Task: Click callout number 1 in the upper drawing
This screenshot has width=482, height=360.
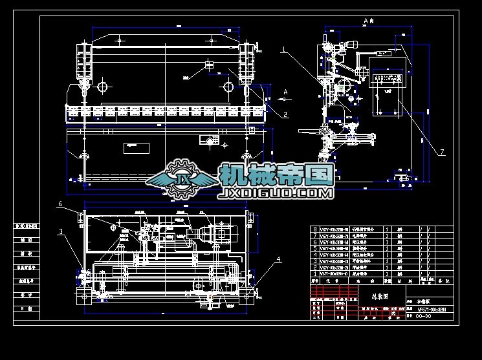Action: (283, 49)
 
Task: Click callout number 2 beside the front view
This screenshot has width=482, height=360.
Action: (285, 114)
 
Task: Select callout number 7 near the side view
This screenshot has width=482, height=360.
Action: (442, 153)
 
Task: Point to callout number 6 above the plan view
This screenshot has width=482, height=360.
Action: (60, 204)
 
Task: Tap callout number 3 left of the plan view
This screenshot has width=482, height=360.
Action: (61, 231)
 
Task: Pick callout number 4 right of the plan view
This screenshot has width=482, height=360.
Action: (279, 260)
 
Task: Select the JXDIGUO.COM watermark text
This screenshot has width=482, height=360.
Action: (277, 192)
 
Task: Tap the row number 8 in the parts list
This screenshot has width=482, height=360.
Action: (315, 229)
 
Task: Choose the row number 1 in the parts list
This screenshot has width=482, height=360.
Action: (315, 275)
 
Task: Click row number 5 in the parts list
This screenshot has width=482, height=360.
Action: (315, 248)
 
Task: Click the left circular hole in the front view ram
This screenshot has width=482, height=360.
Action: (103, 85)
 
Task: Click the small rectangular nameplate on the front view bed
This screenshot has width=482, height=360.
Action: (135, 146)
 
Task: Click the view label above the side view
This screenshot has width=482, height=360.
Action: (369, 21)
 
